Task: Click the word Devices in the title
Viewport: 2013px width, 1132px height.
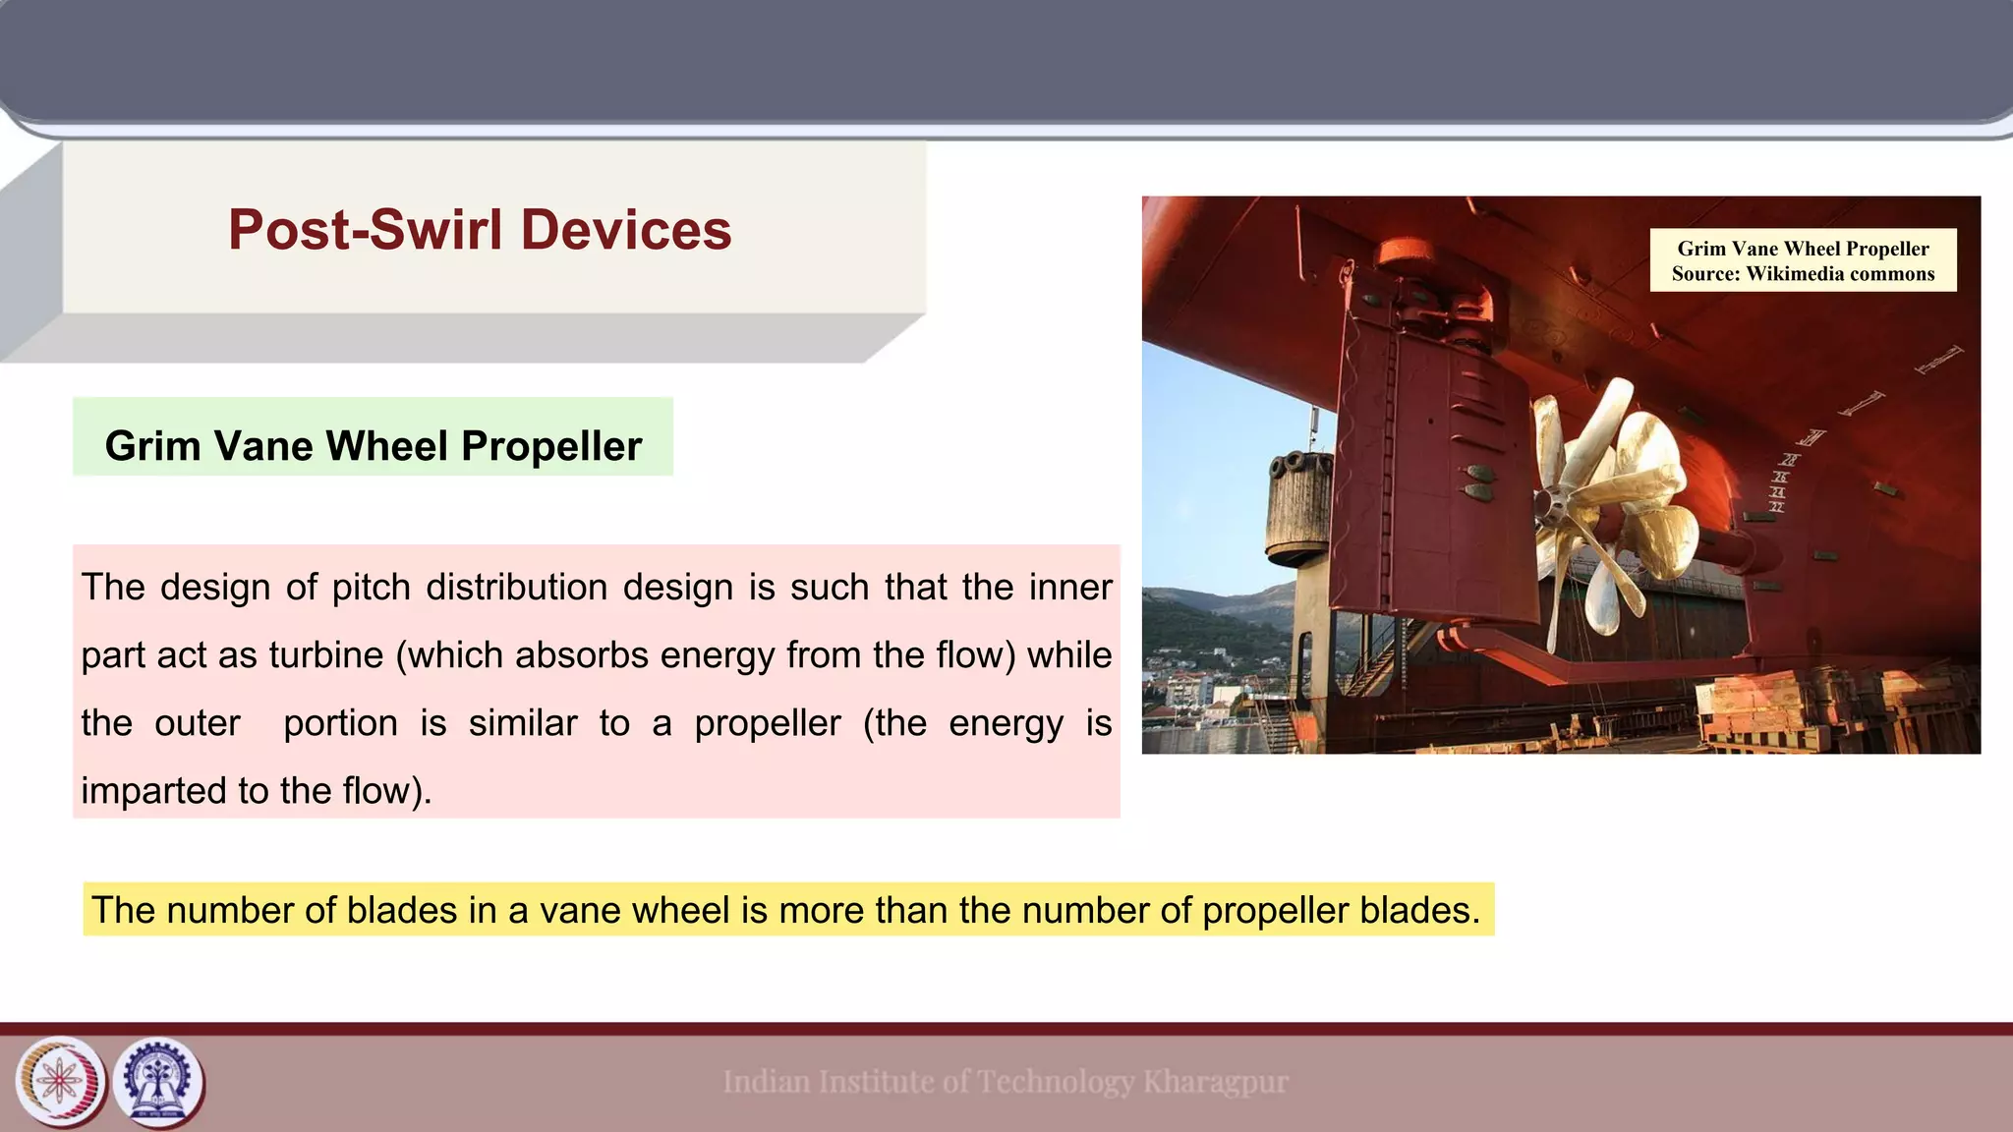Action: pyautogui.click(x=626, y=230)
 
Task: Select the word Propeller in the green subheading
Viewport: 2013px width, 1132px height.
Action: pyautogui.click(x=551, y=446)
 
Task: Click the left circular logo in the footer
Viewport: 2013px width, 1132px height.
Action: pyautogui.click(x=61, y=1083)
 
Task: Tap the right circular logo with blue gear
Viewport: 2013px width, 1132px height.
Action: pyautogui.click(x=158, y=1083)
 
